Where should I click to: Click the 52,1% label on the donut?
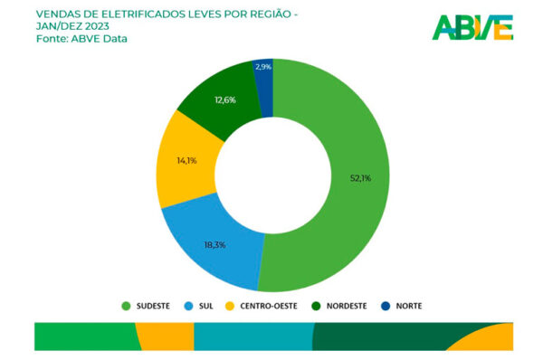[x=360, y=178]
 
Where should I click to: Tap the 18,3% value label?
[x=214, y=245]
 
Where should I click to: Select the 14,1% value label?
[x=186, y=161]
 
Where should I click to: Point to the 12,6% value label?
[x=225, y=100]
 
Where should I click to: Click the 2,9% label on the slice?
[x=263, y=67]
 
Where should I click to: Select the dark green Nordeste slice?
[x=222, y=100]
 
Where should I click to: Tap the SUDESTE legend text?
[x=153, y=306]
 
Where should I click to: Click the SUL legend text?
[x=205, y=306]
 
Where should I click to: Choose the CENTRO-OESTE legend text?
[x=269, y=306]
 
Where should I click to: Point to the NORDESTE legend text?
[x=347, y=306]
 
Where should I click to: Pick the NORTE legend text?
[x=409, y=306]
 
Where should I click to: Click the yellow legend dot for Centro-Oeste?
[x=230, y=306]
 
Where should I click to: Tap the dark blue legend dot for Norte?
[x=386, y=306]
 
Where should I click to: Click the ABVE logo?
[x=472, y=27]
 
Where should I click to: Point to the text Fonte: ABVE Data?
[x=81, y=38]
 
